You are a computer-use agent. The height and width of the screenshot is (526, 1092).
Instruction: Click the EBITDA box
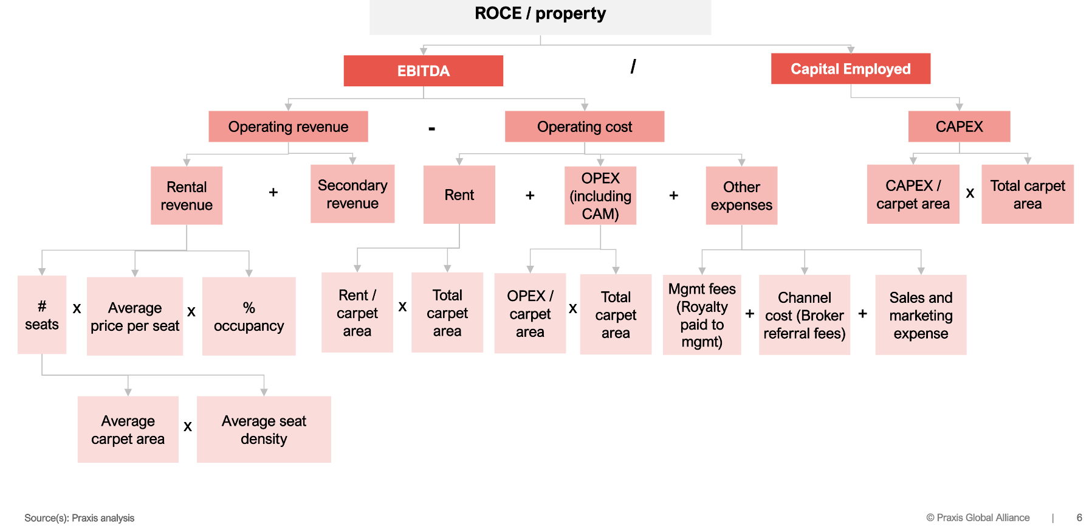click(x=423, y=71)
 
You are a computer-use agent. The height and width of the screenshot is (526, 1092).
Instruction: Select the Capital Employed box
click(x=850, y=69)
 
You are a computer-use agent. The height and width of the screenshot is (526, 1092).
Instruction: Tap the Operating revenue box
click(x=288, y=126)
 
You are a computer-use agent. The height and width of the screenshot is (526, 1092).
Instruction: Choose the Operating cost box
click(x=584, y=126)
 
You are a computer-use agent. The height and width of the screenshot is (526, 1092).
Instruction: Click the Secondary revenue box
click(x=352, y=194)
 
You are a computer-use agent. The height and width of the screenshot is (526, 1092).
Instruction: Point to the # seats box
click(x=42, y=315)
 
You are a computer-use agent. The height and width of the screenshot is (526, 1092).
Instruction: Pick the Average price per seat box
click(x=135, y=316)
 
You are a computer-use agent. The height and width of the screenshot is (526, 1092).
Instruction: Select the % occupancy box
click(x=249, y=316)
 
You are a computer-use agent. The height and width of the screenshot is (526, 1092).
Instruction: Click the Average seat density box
click(x=264, y=429)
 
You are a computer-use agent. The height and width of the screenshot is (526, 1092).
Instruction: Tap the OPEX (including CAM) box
click(x=600, y=196)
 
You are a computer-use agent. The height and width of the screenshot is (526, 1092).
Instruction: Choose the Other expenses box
click(x=741, y=196)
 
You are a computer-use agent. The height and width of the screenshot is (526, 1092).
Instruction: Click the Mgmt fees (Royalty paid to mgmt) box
click(x=702, y=315)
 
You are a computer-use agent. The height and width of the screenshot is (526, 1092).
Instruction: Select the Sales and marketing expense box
click(x=921, y=315)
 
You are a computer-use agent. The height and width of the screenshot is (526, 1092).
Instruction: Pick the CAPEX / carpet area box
click(x=913, y=194)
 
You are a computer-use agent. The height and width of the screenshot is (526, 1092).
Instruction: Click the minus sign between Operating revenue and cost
click(x=431, y=128)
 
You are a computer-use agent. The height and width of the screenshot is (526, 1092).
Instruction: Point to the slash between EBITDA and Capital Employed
click(x=633, y=66)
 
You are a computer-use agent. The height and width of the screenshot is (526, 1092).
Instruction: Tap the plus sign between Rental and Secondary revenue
click(x=273, y=192)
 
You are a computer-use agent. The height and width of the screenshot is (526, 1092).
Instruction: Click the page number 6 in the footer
click(x=1079, y=517)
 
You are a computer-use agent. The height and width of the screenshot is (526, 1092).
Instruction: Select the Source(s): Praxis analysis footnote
click(x=79, y=518)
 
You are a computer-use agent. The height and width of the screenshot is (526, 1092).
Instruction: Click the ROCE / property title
click(x=540, y=14)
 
